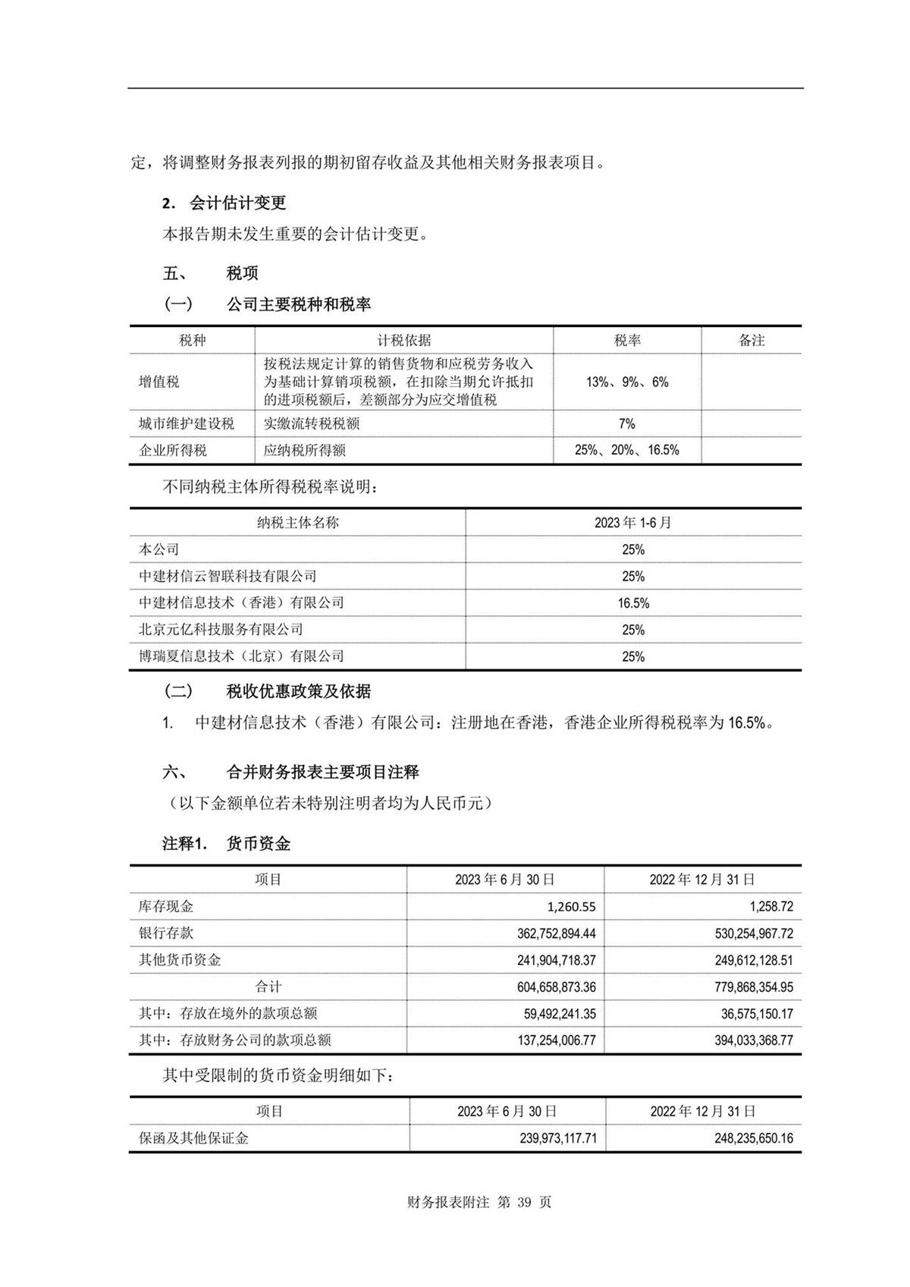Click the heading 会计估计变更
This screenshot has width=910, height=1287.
237,203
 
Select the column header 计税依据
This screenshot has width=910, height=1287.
404,340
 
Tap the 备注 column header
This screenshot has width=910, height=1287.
752,340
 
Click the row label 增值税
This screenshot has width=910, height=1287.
159,382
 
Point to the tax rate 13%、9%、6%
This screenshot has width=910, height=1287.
627,382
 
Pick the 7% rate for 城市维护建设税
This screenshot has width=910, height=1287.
627,423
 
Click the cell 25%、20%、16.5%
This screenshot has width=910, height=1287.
627,450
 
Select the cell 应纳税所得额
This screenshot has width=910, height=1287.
305,450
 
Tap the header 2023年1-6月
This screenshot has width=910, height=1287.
633,523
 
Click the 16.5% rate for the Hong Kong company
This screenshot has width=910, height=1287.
633,603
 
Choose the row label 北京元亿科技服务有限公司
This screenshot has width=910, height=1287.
221,630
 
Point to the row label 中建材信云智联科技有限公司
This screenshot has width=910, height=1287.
227,577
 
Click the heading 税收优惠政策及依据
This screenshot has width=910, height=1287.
299,691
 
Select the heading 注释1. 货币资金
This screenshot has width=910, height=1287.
227,843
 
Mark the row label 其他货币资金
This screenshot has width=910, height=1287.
180,960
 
